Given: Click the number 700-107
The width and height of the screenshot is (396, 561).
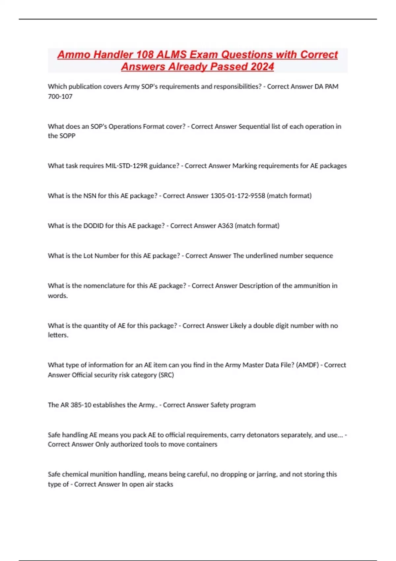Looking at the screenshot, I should tap(60, 96).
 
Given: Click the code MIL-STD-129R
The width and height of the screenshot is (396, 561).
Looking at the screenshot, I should tap(126, 166).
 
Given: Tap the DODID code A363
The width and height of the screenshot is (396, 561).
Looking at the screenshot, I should tap(225, 226).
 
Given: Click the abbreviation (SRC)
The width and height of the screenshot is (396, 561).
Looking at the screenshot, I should tap(166, 375).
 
